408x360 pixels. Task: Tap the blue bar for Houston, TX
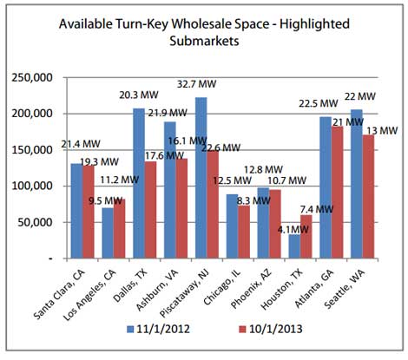(x=293, y=246)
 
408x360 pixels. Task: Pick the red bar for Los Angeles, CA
(x=120, y=229)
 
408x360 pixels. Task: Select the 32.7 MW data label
(x=212, y=88)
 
